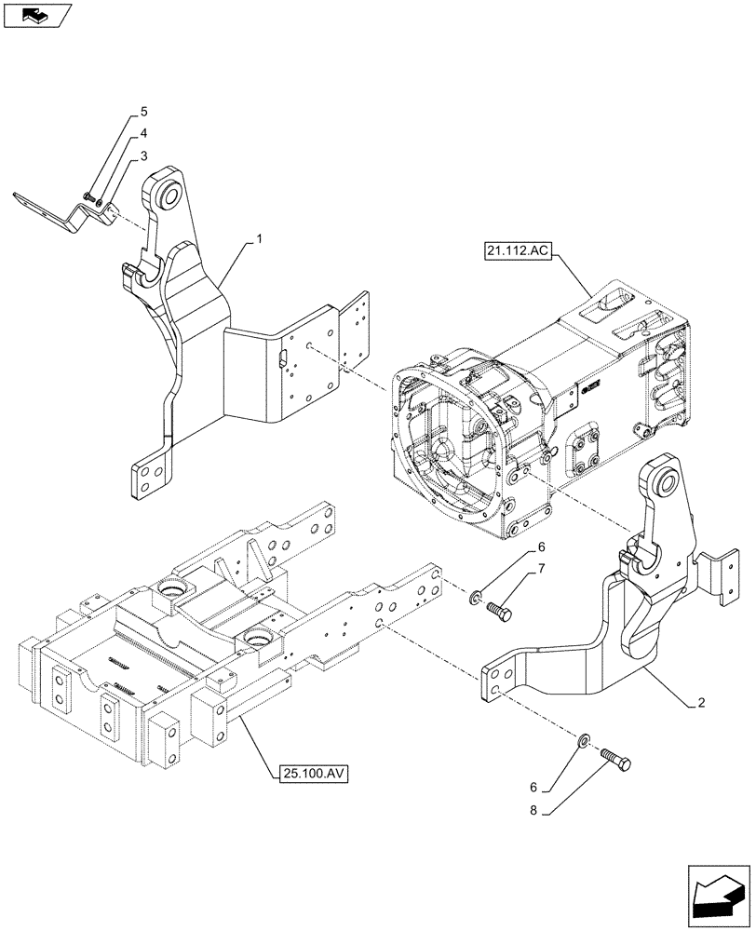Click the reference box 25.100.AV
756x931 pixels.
(x=312, y=774)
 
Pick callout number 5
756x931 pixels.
(x=143, y=112)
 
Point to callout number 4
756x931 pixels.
(x=143, y=134)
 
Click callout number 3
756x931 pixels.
(x=143, y=156)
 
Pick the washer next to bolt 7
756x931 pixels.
(x=476, y=596)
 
